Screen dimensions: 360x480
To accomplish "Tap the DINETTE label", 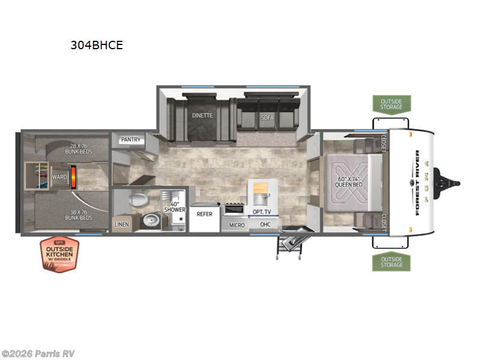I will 202,115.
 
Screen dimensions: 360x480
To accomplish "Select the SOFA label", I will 267,118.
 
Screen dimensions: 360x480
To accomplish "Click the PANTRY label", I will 131,140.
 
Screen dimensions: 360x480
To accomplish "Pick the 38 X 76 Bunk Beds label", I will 79,215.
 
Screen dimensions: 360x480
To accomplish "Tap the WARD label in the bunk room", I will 59,177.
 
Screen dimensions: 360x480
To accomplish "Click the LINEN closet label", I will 121,225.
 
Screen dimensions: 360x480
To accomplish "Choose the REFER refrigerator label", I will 205,214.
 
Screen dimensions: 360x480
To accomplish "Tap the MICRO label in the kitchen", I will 236,226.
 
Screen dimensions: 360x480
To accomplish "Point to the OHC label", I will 265,224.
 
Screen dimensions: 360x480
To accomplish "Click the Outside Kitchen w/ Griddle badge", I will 59,255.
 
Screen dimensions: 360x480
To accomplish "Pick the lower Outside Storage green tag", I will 391,261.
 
